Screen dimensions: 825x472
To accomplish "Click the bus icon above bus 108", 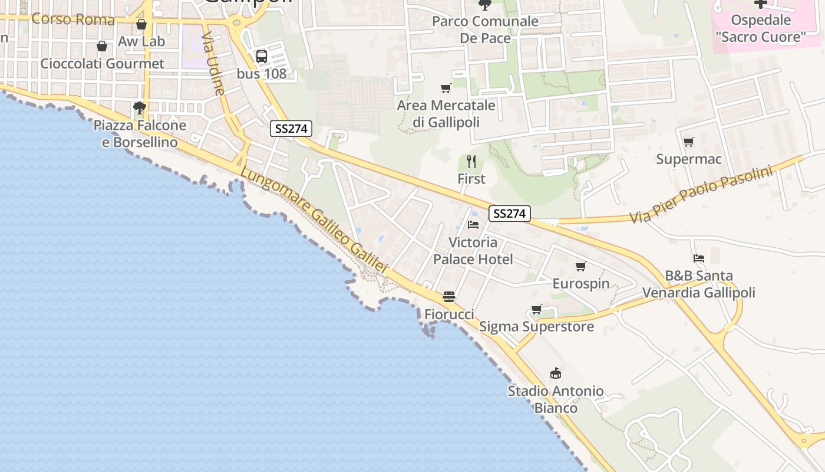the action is click(x=262, y=57).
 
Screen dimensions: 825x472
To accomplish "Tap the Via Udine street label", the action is click(x=213, y=64).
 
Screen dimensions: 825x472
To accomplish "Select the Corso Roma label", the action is click(x=73, y=19).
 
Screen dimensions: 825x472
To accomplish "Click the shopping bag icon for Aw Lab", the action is click(x=141, y=24).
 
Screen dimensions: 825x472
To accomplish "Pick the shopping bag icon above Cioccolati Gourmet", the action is click(x=102, y=46).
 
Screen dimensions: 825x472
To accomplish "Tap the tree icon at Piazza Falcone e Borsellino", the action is click(x=140, y=108).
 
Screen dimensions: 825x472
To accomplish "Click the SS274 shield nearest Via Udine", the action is click(x=291, y=129).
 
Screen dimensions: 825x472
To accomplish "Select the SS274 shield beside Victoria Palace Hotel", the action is click(x=509, y=214).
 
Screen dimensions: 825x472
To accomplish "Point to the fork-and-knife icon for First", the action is click(x=471, y=162).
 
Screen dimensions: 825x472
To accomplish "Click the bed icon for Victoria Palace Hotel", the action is click(x=473, y=225).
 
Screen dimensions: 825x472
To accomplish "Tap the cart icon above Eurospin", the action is click(x=581, y=267).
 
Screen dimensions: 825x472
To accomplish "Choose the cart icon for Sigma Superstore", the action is click(x=537, y=310).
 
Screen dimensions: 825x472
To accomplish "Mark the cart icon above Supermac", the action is click(x=688, y=142).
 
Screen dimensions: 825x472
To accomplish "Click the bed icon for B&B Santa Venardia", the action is click(x=699, y=258).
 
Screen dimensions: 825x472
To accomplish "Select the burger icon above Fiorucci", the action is click(x=449, y=297).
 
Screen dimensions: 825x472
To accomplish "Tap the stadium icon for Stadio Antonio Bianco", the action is click(x=556, y=373).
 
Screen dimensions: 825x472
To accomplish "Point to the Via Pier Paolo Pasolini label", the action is click(x=701, y=195).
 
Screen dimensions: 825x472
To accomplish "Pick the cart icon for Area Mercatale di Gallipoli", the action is click(x=446, y=88).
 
